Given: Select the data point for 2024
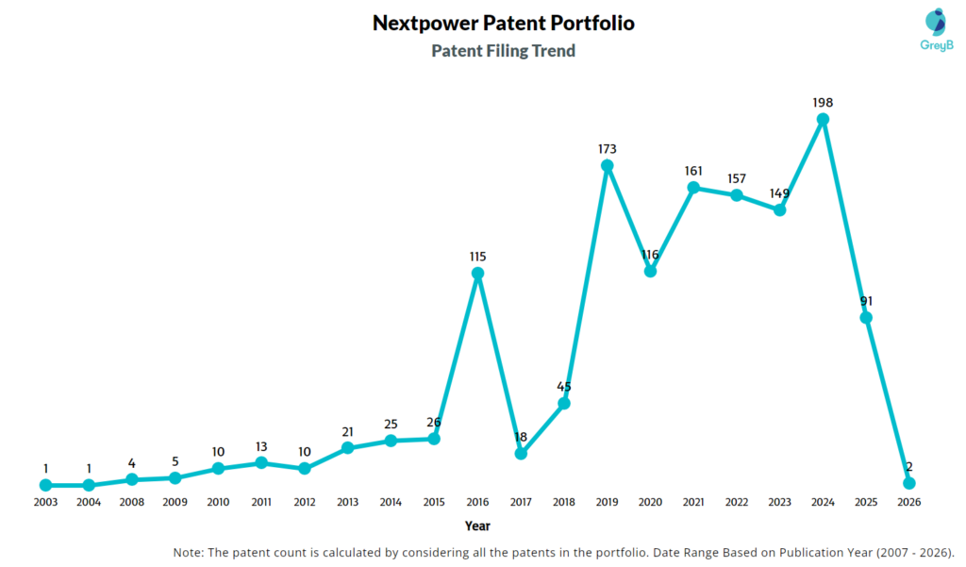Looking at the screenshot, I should (x=823, y=119).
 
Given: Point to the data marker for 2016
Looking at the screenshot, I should (x=477, y=274).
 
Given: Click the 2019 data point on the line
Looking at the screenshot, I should (x=608, y=166).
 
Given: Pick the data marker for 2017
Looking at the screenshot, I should (x=521, y=454).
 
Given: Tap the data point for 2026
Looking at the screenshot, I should (x=909, y=483).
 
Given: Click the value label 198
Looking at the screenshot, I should (x=823, y=102).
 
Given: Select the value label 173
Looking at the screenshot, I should (x=608, y=149).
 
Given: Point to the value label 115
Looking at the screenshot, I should (x=477, y=257).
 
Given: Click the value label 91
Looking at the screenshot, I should (x=866, y=301).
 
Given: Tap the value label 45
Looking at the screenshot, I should (x=564, y=386).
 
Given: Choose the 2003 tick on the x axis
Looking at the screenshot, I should (x=45, y=502).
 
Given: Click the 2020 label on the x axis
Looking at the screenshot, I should (x=650, y=502).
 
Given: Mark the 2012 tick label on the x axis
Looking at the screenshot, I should (x=304, y=502).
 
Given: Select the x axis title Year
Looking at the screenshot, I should (x=477, y=525).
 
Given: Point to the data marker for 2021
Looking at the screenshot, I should (x=693, y=188).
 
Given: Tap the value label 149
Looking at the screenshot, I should (x=779, y=193).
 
